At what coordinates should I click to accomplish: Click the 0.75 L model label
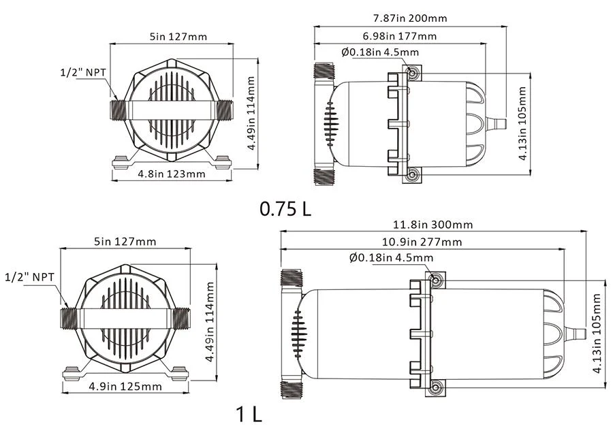[285, 208]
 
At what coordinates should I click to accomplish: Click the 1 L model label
[248, 413]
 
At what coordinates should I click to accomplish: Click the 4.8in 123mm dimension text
[171, 174]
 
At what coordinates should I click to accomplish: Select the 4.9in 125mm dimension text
[125, 387]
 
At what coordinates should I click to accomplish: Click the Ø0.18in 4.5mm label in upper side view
[380, 52]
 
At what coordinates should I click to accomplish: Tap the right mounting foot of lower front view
[178, 372]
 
